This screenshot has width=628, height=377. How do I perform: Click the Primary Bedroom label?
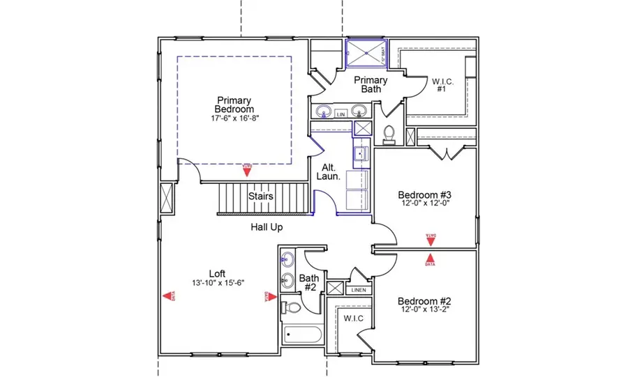tap(234, 105)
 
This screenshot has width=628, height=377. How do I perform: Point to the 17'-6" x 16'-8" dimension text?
tap(234, 118)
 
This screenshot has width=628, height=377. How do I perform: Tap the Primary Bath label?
tap(370, 84)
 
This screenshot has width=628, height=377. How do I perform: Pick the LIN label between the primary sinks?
tap(341, 114)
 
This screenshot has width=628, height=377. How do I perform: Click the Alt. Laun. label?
tap(330, 172)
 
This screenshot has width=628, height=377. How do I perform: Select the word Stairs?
tap(261, 197)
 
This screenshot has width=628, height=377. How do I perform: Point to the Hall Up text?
tap(267, 227)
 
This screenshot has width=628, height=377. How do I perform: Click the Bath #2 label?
tap(308, 283)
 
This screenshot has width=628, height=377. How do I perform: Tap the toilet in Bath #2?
tap(291, 306)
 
